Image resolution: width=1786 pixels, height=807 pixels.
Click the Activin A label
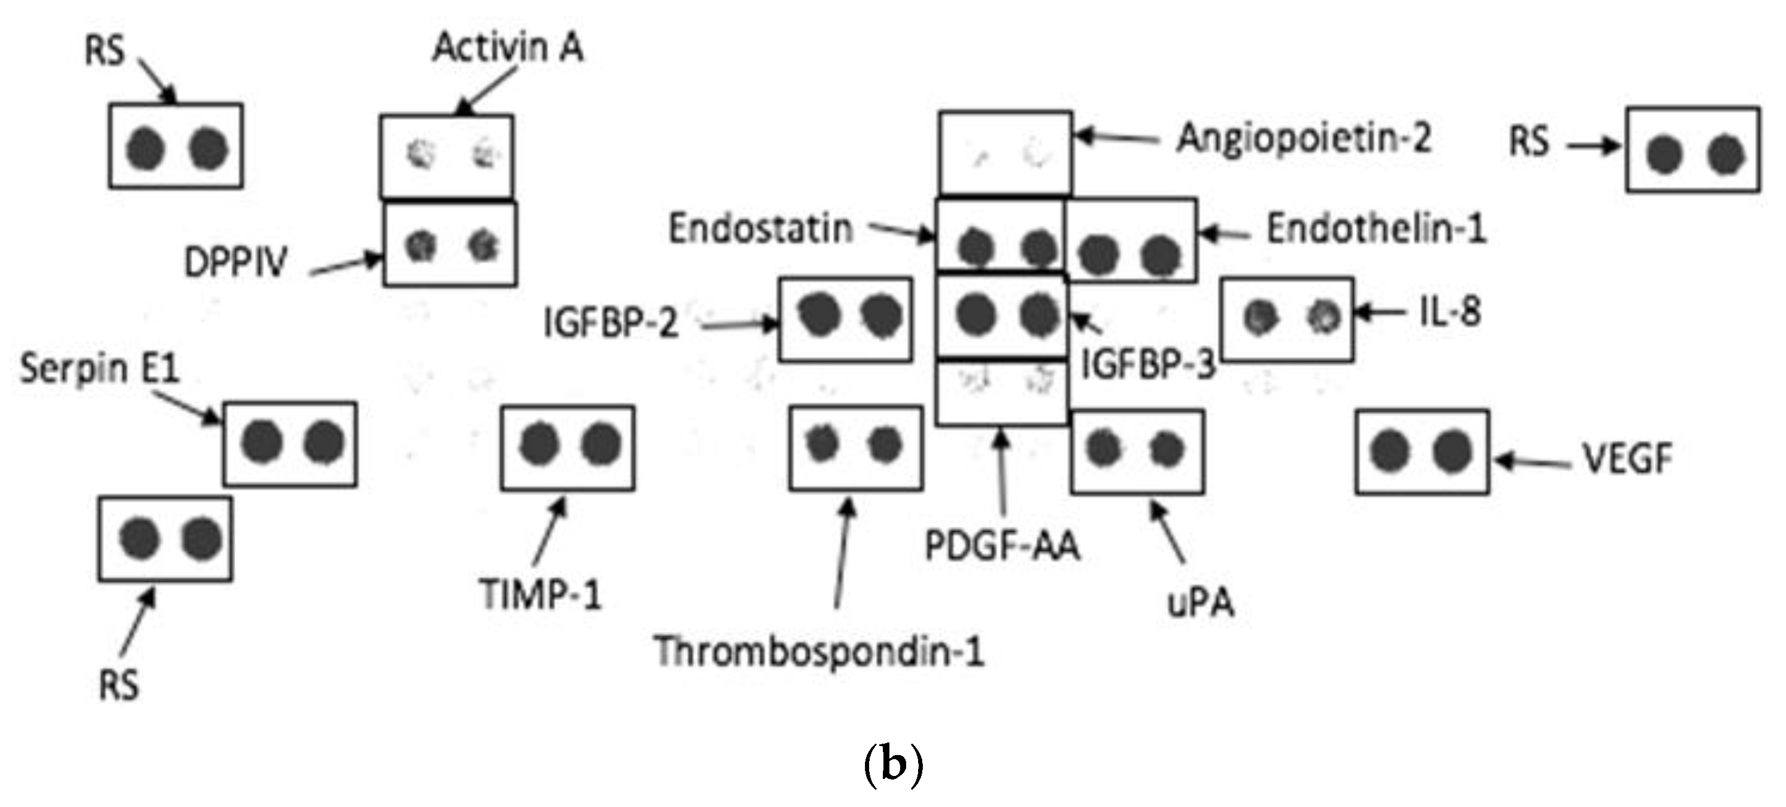[507, 47]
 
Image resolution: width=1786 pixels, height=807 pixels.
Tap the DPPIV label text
[235, 262]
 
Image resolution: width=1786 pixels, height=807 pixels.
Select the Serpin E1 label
[99, 368]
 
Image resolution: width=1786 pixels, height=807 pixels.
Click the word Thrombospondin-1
[819, 652]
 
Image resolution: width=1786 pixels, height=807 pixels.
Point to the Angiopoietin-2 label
[1304, 138]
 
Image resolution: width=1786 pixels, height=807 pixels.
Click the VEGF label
[1627, 459]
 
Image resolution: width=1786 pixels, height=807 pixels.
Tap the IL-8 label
[1450, 312]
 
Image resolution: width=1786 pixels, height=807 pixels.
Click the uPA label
[1201, 603]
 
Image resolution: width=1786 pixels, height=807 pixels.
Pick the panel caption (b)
[893, 764]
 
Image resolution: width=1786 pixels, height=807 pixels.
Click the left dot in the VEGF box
[1390, 452]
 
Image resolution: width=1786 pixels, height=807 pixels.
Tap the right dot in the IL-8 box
[1323, 317]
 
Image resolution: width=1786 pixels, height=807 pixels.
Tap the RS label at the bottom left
[119, 686]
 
